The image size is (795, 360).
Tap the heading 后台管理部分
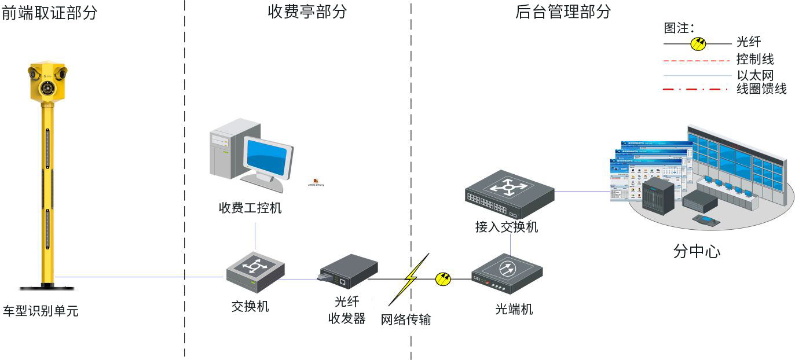[x=563, y=12]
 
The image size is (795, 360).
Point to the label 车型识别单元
[x=41, y=311]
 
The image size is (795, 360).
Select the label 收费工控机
[x=250, y=208]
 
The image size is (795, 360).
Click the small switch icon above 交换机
[x=255, y=270]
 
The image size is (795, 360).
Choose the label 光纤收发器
[x=347, y=310]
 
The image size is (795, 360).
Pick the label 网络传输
[x=406, y=319]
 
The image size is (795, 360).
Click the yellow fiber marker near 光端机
[x=443, y=279]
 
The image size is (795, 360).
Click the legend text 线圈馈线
[x=761, y=89]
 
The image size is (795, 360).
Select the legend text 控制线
[x=755, y=60]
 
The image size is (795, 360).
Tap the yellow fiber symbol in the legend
[x=698, y=43]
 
